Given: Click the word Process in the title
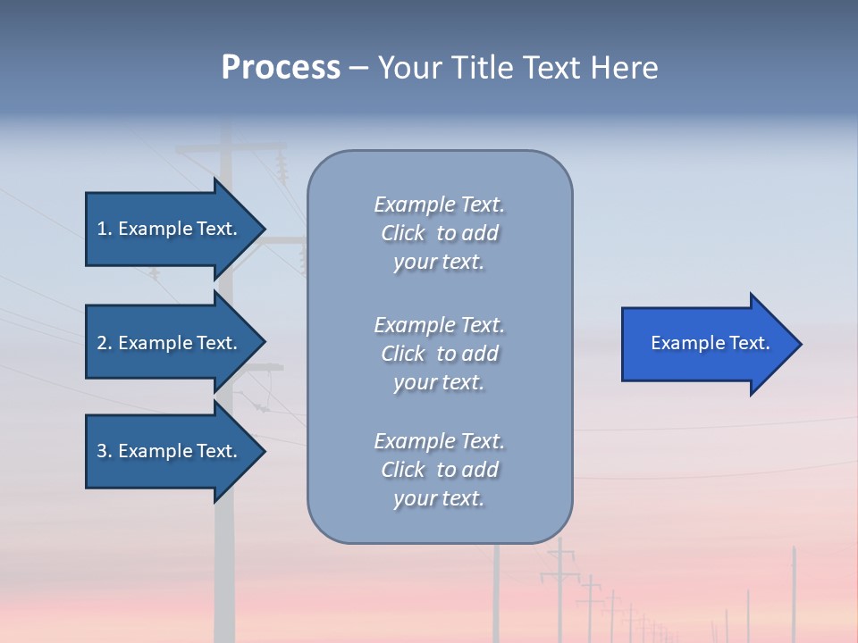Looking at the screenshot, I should click(x=281, y=68).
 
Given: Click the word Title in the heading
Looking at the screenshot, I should click(x=480, y=68).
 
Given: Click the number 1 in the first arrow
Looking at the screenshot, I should click(x=101, y=229).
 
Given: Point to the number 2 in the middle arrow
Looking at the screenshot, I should click(x=102, y=343).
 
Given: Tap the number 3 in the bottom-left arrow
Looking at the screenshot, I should click(x=102, y=451).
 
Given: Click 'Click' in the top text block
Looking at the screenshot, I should click(x=403, y=233).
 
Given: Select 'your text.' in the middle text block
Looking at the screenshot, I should click(x=439, y=382).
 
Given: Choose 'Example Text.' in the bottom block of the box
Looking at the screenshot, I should click(x=439, y=441).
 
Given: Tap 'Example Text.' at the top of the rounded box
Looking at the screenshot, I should click(x=439, y=205).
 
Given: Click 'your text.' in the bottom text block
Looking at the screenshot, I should click(x=439, y=498).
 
